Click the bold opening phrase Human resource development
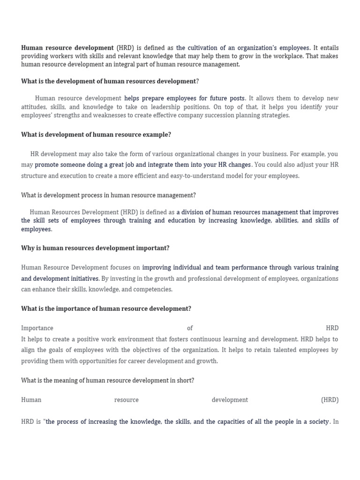click(x=67, y=48)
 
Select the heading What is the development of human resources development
click(x=110, y=81)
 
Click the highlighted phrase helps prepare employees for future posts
click(x=184, y=98)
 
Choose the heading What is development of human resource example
click(x=96, y=135)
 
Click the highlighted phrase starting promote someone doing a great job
click(x=143, y=165)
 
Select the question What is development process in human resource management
click(x=108, y=195)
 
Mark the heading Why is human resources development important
click(x=95, y=248)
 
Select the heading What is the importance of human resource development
click(x=106, y=308)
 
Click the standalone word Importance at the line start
click(x=37, y=328)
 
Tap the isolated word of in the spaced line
click(x=189, y=328)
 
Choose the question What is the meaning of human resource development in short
click(x=107, y=380)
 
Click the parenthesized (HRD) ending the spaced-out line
click(x=330, y=400)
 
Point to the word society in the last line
click(x=315, y=422)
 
